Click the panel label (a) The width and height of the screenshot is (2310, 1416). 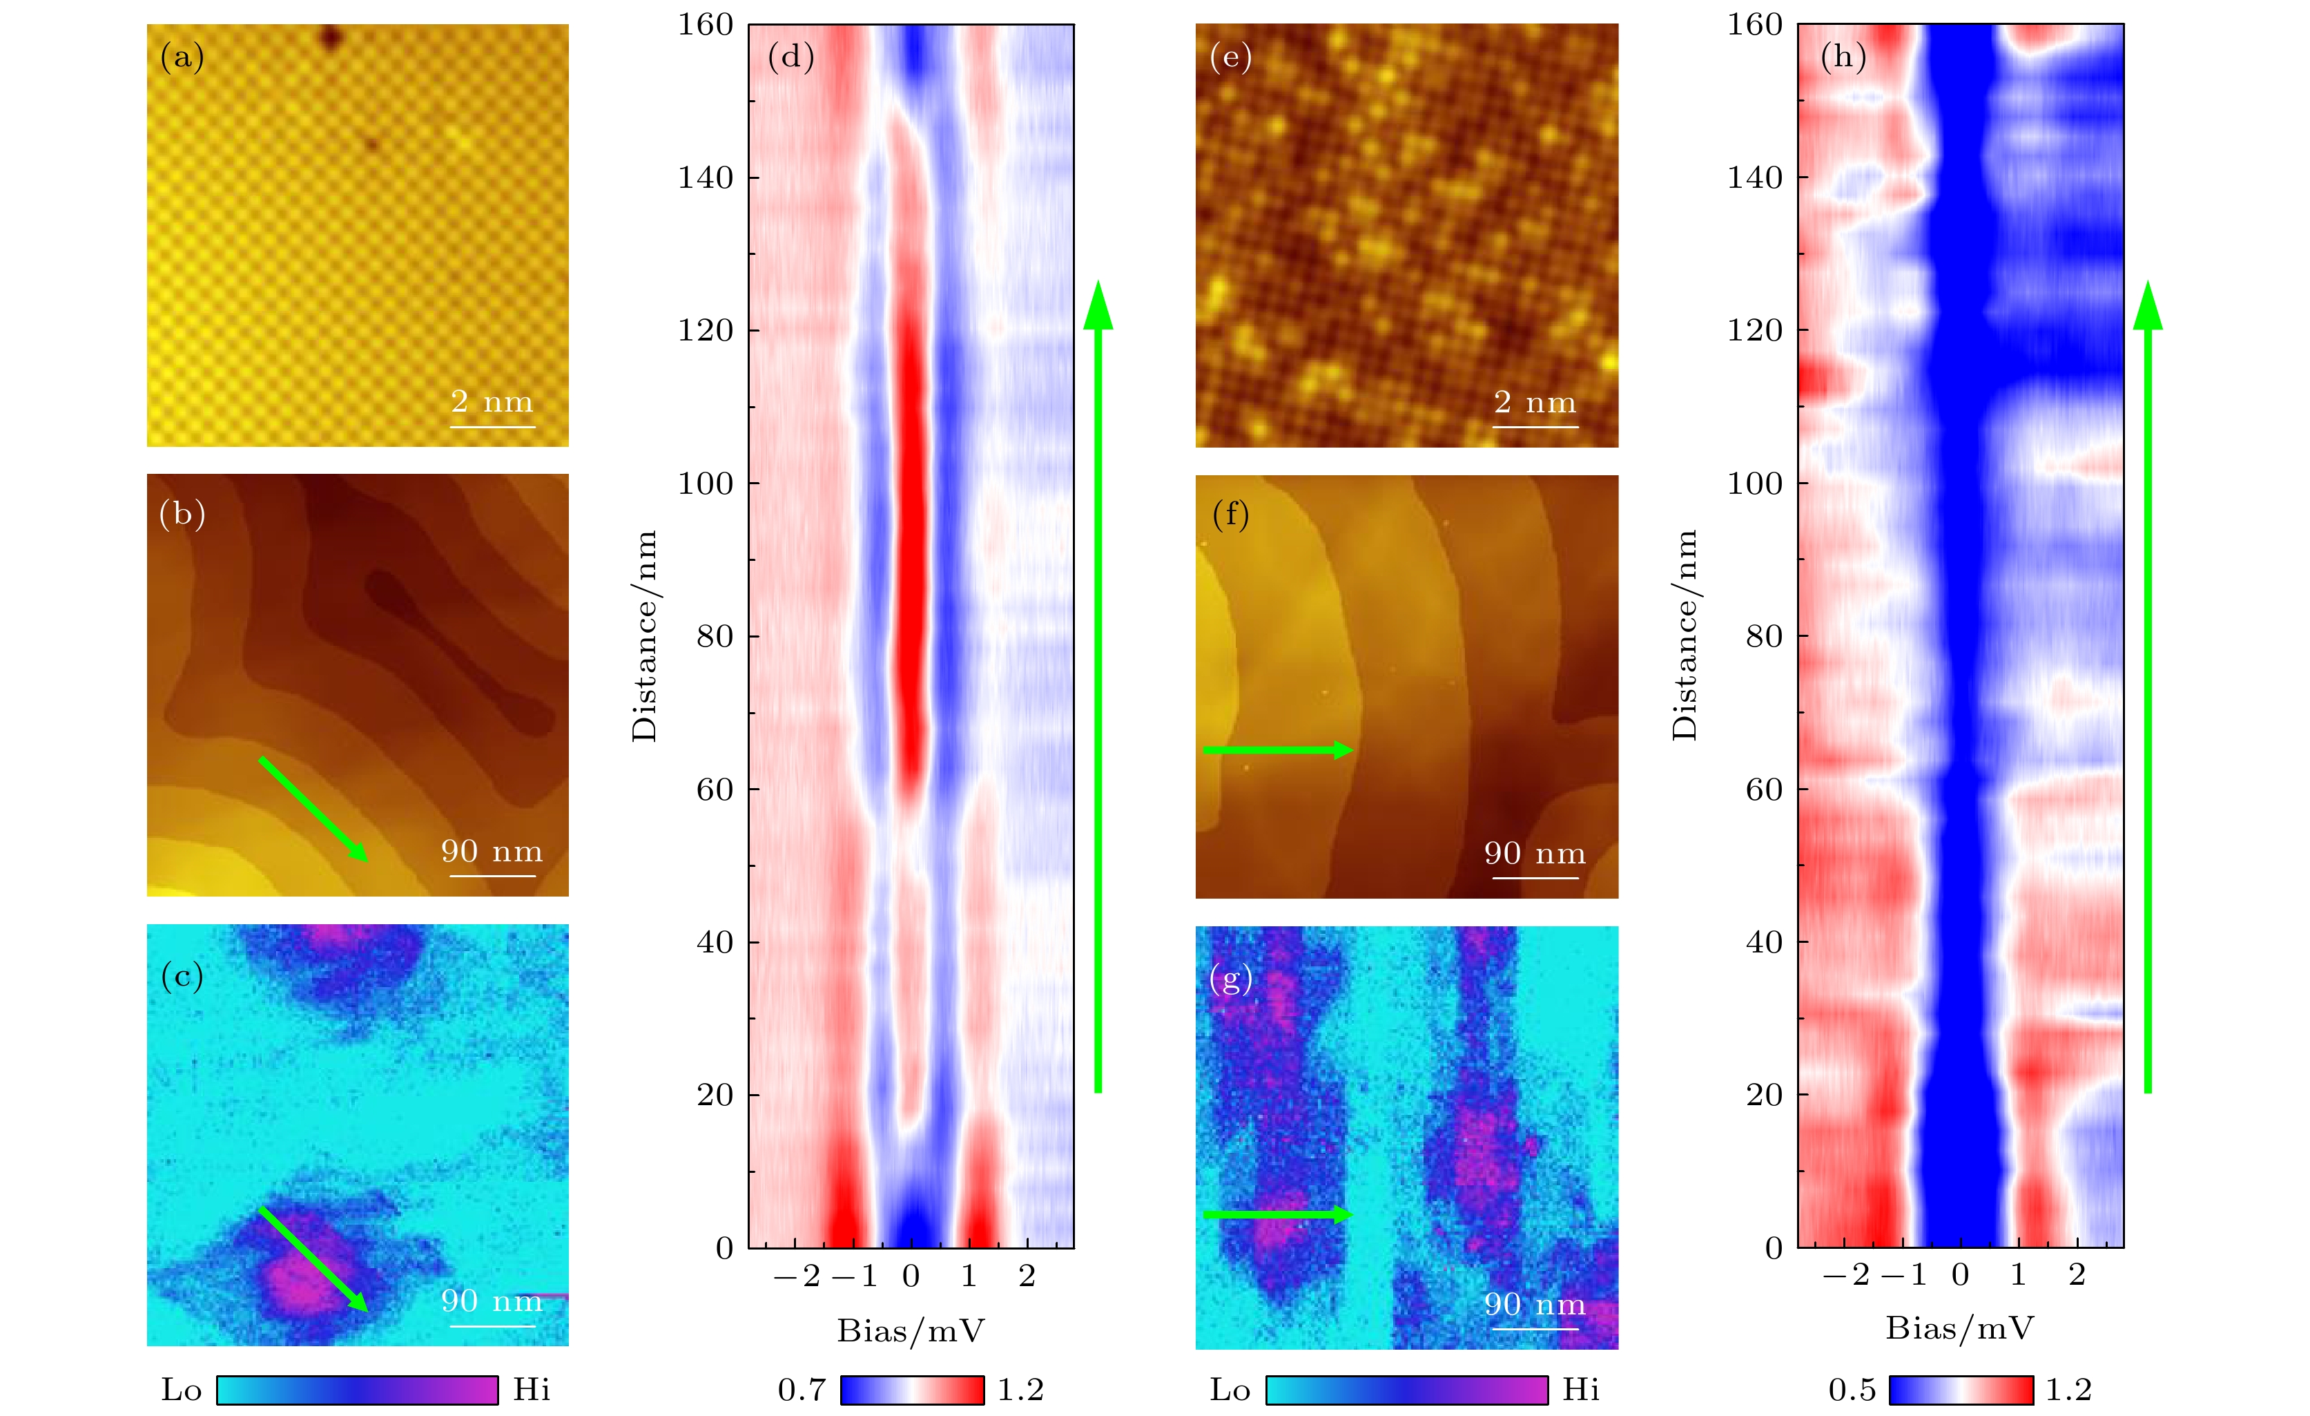(x=182, y=58)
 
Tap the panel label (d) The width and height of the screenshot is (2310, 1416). (x=790, y=57)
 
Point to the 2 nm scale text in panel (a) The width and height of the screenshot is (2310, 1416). (x=492, y=402)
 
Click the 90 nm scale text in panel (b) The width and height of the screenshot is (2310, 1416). (x=492, y=852)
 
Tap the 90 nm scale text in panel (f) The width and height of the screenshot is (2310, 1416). (x=1535, y=853)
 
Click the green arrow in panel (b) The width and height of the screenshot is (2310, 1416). (x=313, y=808)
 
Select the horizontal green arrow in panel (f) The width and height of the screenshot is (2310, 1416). (x=1277, y=749)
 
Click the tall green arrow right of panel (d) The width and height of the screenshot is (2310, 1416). (x=1098, y=685)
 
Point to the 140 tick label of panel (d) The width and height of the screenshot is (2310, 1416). (x=705, y=178)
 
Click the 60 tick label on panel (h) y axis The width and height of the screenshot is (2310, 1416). (x=1763, y=790)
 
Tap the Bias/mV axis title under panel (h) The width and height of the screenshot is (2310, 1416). (x=1959, y=1329)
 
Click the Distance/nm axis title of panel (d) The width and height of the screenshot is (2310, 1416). (x=645, y=635)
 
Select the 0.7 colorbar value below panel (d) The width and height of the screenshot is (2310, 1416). (x=802, y=1390)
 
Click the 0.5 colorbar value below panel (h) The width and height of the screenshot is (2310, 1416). (x=1852, y=1390)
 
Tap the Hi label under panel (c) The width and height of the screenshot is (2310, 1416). (x=532, y=1390)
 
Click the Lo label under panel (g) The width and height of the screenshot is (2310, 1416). (x=1230, y=1390)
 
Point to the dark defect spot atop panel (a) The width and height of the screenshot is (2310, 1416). (x=331, y=39)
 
